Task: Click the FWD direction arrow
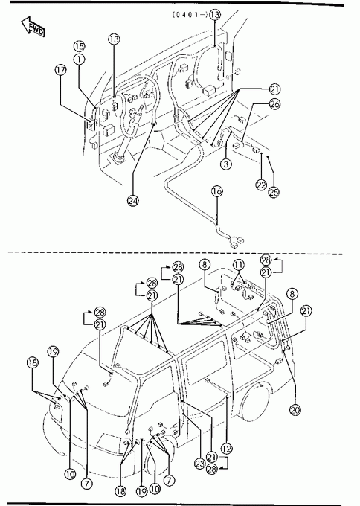pyautogui.click(x=33, y=27)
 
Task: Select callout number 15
pyautogui.click(x=80, y=46)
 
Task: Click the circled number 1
pyautogui.click(x=80, y=60)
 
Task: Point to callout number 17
pyautogui.click(x=61, y=70)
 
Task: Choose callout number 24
pyautogui.click(x=132, y=201)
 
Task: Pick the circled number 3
pyautogui.click(x=226, y=164)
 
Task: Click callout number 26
pyautogui.click(x=275, y=104)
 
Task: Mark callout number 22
pyautogui.click(x=261, y=185)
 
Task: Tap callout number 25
pyautogui.click(x=274, y=192)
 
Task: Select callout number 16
pyautogui.click(x=217, y=191)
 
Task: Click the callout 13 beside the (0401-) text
pyautogui.click(x=215, y=15)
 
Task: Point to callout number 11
pyautogui.click(x=239, y=265)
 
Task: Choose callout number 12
pyautogui.click(x=227, y=448)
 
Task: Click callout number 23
pyautogui.click(x=200, y=464)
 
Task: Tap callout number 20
pyautogui.click(x=295, y=410)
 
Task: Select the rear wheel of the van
pyautogui.click(x=254, y=402)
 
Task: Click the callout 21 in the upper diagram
pyautogui.click(x=275, y=89)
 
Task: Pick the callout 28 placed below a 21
pyautogui.click(x=212, y=469)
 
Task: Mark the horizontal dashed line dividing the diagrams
pyautogui.click(x=176, y=252)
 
